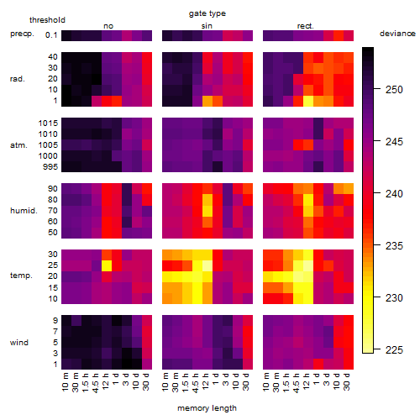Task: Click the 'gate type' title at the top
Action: click(x=207, y=13)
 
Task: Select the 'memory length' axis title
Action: click(x=207, y=408)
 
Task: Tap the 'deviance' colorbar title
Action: click(x=397, y=34)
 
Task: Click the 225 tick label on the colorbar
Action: click(x=394, y=349)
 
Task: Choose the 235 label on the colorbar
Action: click(x=394, y=245)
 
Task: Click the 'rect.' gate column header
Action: click(x=305, y=26)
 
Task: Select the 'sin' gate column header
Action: click(x=207, y=26)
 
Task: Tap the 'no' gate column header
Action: click(x=108, y=26)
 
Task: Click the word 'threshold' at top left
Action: click(x=47, y=20)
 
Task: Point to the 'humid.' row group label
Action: click(x=24, y=211)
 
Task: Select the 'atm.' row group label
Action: click(x=18, y=145)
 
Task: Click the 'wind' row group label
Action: click(x=19, y=343)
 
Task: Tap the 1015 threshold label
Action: click(x=48, y=123)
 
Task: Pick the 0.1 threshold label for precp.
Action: click(x=51, y=35)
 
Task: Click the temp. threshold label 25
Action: click(x=53, y=265)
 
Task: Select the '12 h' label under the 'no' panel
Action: click(x=106, y=382)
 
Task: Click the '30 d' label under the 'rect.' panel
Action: click(x=347, y=382)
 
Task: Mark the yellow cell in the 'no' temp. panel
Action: click(x=107, y=265)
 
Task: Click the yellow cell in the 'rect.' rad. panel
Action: click(x=308, y=101)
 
